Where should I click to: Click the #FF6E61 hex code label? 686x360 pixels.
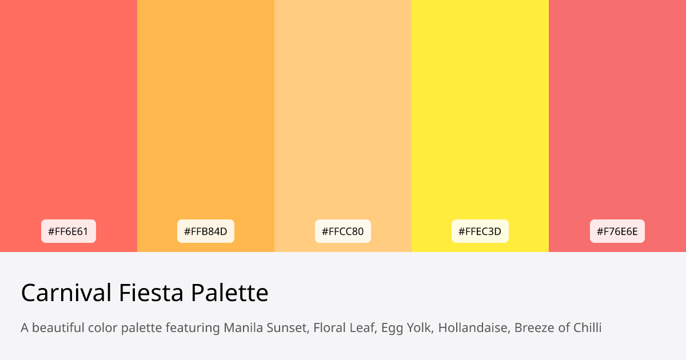69,231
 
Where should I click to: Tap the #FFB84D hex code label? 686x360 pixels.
206,231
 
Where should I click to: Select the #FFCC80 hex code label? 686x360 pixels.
343,231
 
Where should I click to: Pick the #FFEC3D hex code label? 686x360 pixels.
480,231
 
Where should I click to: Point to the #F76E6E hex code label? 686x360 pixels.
617,231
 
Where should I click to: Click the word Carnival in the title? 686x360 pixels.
66,293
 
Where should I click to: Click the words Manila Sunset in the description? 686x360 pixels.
265,328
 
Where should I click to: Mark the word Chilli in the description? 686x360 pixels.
586,328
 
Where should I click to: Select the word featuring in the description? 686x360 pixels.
192,329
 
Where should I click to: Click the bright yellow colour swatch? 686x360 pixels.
480,114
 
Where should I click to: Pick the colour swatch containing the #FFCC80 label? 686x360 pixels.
343,114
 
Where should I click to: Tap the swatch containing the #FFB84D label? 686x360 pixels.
206,114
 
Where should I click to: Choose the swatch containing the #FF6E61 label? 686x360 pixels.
69,114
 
